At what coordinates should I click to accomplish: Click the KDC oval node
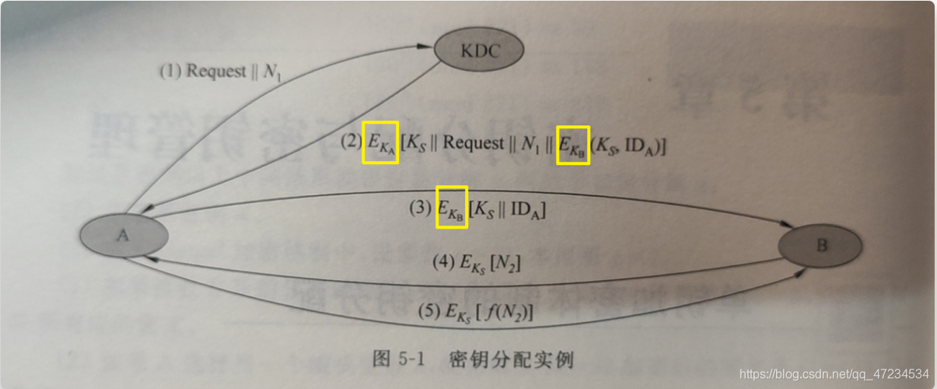(478, 51)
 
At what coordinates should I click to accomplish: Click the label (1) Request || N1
(220, 72)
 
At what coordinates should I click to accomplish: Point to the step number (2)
(351, 143)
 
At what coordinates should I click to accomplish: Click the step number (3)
(420, 209)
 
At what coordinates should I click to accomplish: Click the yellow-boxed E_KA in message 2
(380, 143)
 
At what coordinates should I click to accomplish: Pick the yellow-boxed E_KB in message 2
(574, 145)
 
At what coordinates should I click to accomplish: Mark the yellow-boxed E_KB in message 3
(451, 208)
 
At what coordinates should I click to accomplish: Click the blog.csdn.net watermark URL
(834, 373)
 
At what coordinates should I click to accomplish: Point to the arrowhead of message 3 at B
(785, 225)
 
